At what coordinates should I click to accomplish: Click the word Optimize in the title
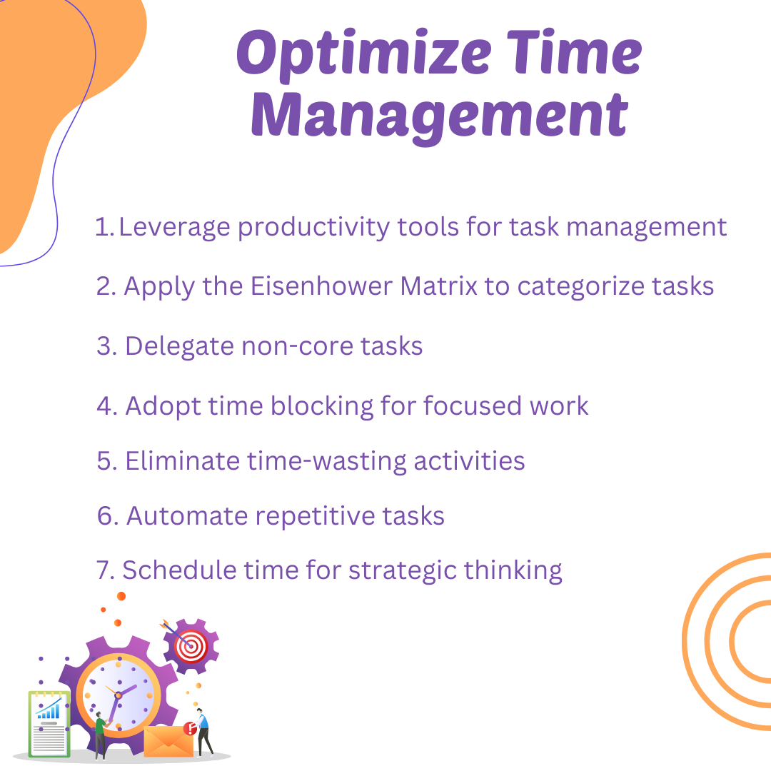click(x=364, y=55)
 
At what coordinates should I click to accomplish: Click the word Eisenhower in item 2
click(x=321, y=286)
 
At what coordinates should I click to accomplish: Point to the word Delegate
click(x=179, y=347)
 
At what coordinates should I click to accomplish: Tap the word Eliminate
click(x=183, y=461)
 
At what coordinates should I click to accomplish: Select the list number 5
click(x=106, y=461)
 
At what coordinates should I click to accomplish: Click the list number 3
click(x=106, y=346)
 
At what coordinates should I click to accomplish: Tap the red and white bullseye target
click(x=191, y=645)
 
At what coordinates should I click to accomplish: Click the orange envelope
click(x=168, y=742)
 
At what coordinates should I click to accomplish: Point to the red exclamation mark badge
click(x=190, y=728)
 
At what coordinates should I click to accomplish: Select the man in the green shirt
click(x=101, y=735)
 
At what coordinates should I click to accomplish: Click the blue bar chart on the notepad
click(x=49, y=709)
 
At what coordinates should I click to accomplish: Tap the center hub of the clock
click(x=119, y=694)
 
